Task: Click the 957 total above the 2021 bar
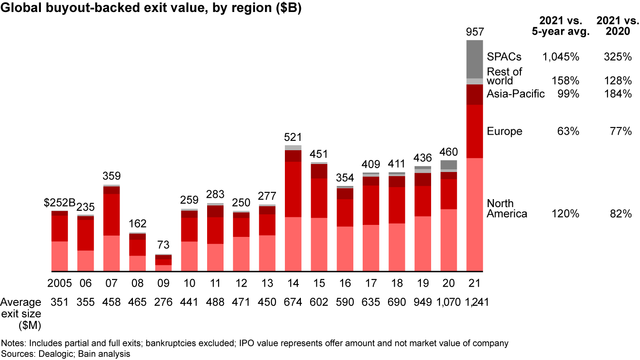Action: click(474, 32)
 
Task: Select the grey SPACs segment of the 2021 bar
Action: click(474, 59)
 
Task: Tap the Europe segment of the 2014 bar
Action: click(293, 189)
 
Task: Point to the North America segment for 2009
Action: click(163, 268)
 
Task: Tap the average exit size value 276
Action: click(163, 303)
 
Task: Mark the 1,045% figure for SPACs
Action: click(560, 57)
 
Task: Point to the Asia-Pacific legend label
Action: click(516, 94)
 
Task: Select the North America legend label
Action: click(507, 209)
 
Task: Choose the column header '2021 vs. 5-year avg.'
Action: click(558, 26)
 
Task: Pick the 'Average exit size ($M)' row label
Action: click(21, 314)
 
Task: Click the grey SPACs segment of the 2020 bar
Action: click(448, 165)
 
